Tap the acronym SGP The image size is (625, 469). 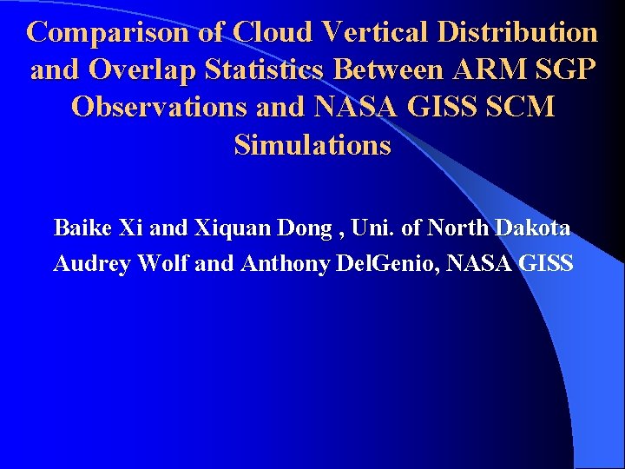(566, 70)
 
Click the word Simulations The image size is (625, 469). (312, 145)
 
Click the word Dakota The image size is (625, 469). (533, 228)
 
